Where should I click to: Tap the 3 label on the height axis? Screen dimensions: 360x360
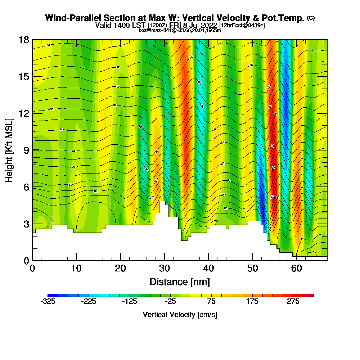pyautogui.click(x=26, y=224)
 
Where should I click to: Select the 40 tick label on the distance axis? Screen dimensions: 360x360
pyautogui.click(x=209, y=269)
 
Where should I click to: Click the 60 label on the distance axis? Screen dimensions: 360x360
pyautogui.click(x=297, y=269)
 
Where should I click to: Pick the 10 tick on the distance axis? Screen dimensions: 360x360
pyautogui.click(x=76, y=260)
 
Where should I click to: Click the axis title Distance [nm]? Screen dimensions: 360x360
pyautogui.click(x=180, y=282)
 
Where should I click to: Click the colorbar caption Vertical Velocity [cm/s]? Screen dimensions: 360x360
pyautogui.click(x=180, y=315)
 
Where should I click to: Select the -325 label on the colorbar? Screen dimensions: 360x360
pyautogui.click(x=48, y=302)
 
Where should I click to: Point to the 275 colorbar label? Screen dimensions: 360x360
pyautogui.click(x=293, y=302)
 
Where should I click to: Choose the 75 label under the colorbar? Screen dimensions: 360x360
pyautogui.click(x=211, y=302)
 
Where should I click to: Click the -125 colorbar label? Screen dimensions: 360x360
pyautogui.click(x=130, y=302)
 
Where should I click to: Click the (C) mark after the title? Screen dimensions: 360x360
pyautogui.click(x=311, y=18)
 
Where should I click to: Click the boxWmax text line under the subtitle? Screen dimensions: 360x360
pyautogui.click(x=180, y=30)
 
